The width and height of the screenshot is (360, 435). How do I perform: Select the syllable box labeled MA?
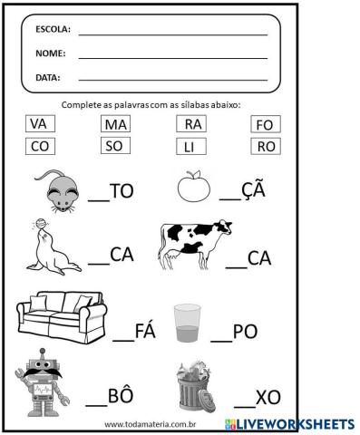coord(115,124)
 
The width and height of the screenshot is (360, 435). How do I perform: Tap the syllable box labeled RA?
coord(192,124)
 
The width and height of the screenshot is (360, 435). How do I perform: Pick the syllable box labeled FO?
coord(264,124)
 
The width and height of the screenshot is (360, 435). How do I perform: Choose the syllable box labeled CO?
coord(39,145)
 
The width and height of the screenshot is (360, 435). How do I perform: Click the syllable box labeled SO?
coord(115,145)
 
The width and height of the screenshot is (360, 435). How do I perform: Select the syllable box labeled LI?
coord(192,146)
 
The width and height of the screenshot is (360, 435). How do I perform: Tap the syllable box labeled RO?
coord(264,145)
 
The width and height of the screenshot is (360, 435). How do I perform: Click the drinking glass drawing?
coord(188,324)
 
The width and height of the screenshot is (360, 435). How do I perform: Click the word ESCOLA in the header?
coord(53,30)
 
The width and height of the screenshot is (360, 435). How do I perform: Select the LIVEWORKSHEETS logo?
coord(288,424)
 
